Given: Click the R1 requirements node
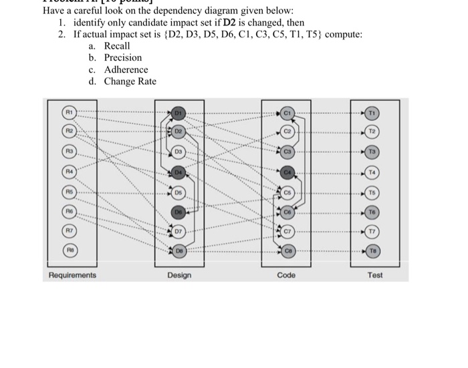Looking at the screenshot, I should coord(69,111).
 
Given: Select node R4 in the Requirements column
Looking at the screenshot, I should coord(69,172).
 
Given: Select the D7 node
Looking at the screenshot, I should coord(179,232).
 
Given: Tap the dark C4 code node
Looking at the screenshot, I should coord(287,172).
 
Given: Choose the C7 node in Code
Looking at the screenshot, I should coord(287,232).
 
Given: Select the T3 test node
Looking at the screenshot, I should coord(374,152).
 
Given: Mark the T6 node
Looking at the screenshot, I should coord(374,212).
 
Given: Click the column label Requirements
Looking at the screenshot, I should coord(72,275).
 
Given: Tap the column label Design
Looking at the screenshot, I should coord(179,275).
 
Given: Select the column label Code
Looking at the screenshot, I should coord(286,275).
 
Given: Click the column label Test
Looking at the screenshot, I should coord(375,275).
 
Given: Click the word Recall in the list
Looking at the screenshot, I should coord(117,45).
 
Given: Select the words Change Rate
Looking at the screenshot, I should coord(130,81).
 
